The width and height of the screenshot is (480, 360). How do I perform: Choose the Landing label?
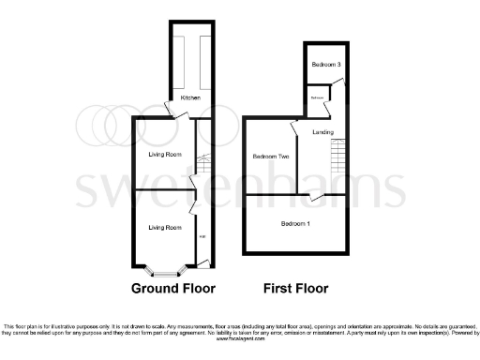pyautogui.click(x=323, y=132)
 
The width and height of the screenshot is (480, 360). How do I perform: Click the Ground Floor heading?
pyautogui.click(x=173, y=288)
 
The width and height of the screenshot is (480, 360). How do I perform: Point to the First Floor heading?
pyautogui.click(x=295, y=288)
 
